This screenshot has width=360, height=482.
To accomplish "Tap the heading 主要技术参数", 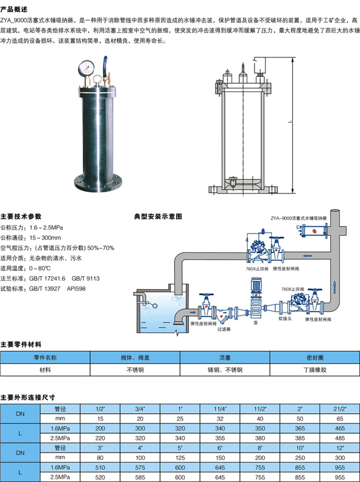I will point(21,217).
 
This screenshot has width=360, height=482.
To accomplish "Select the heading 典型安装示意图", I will point(158,217).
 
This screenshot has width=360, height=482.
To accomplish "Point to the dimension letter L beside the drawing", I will point(289,123).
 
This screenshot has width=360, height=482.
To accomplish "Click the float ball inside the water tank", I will point(155,307).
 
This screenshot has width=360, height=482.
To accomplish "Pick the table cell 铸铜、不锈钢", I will point(225,370).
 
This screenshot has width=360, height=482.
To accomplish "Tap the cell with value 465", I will point(340,428).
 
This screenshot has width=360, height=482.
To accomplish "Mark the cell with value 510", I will point(99,467).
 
